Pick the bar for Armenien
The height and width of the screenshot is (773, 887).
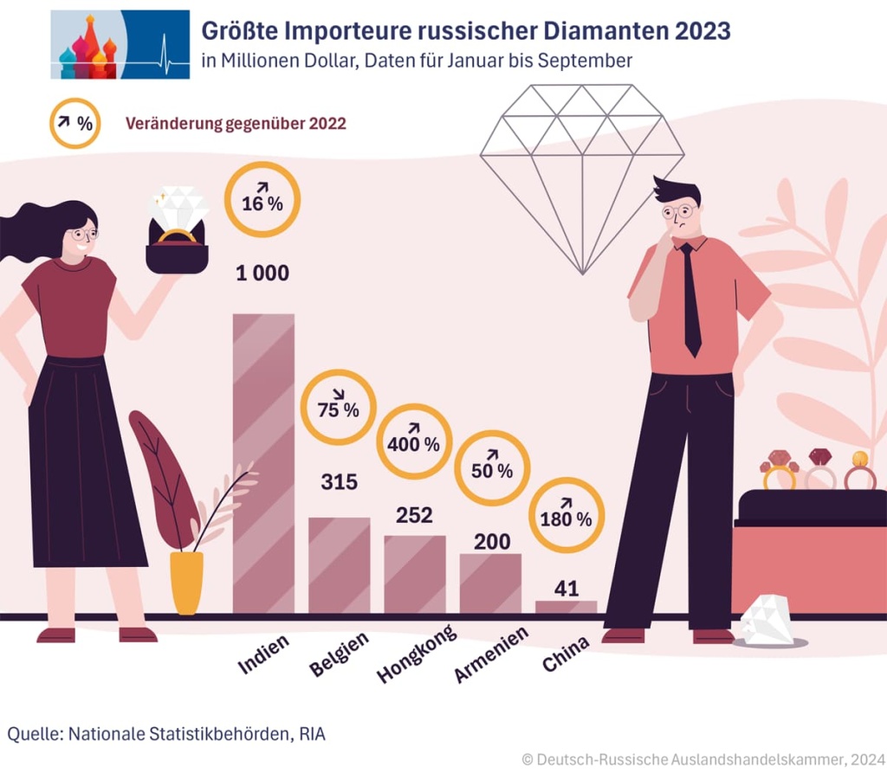pos(490,583)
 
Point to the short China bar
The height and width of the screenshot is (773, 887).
pos(566,607)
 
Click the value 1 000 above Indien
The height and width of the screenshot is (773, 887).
pos(262,274)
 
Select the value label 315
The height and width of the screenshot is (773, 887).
pos(339,482)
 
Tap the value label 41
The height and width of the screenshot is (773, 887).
pos(566,589)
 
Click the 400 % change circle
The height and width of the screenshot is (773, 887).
pos(414,441)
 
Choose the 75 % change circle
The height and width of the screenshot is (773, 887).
pos(339,407)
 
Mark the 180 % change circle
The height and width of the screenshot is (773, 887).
pos(566,516)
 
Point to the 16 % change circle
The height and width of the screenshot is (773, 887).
pos(262,200)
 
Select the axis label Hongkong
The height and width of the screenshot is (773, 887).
pos(417,654)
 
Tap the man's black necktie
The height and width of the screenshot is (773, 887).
pos(690,299)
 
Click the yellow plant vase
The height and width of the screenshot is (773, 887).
pos(186,582)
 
